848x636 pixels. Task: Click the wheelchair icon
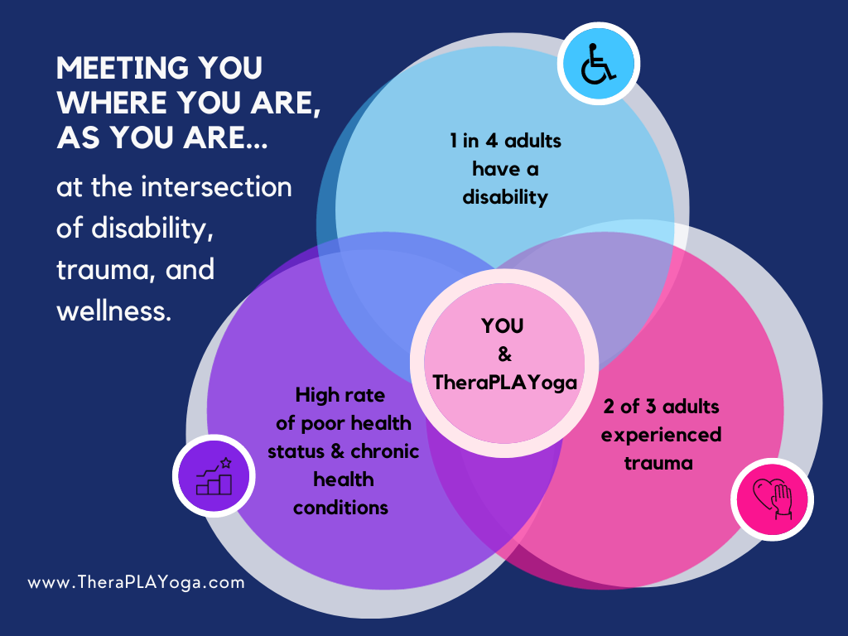[x=598, y=64]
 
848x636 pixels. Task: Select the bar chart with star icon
[x=214, y=476]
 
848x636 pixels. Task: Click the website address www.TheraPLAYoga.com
[x=137, y=582]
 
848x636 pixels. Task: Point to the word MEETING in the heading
[x=123, y=68]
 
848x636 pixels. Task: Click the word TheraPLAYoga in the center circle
[x=504, y=383]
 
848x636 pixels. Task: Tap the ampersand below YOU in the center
[x=504, y=354]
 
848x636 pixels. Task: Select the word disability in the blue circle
[x=505, y=197]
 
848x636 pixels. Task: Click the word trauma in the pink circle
[x=658, y=463]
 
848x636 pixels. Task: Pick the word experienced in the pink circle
[x=661, y=435]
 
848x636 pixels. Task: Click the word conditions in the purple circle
[x=340, y=508]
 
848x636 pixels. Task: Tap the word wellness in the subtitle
[x=113, y=311]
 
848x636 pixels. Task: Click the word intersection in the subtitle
[x=216, y=187]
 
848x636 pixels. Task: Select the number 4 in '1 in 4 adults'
[x=491, y=141]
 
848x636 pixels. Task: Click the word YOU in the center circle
[x=503, y=326]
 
